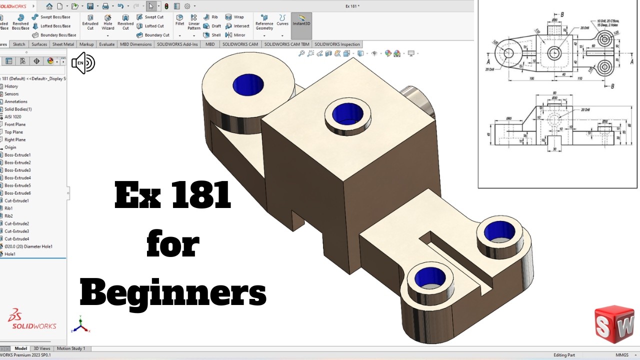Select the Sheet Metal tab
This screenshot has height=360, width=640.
[x=63, y=44]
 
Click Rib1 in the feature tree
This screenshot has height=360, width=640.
[x=8, y=208]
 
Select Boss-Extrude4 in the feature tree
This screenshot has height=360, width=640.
[x=17, y=178]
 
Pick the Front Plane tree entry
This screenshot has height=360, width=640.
[x=15, y=124]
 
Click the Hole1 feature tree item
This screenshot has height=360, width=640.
[x=10, y=254]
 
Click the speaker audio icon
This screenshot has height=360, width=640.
[x=83, y=63]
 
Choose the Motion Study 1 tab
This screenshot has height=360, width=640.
[x=70, y=348]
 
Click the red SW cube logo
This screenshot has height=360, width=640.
[x=614, y=324]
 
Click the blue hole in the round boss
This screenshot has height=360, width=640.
[x=248, y=84]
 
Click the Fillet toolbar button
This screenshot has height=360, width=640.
[x=179, y=20]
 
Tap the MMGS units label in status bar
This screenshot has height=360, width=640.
[x=608, y=355]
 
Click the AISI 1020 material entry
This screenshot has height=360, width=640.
[x=13, y=117]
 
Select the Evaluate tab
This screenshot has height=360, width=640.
[x=106, y=44]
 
